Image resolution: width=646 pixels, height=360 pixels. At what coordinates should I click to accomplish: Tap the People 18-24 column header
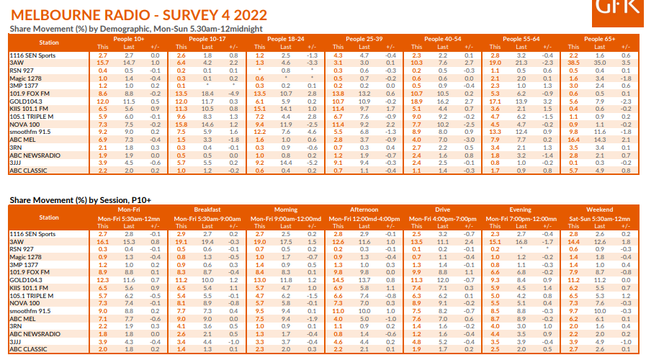click(283, 39)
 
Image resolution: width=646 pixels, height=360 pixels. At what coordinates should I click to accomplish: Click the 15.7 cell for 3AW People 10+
click(103, 63)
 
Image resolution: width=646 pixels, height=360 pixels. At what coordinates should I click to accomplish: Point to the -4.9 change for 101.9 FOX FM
click(234, 93)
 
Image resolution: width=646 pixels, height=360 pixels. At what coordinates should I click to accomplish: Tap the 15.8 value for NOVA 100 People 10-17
click(181, 124)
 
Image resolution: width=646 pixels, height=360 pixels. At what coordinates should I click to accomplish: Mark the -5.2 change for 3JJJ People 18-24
click(312, 162)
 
